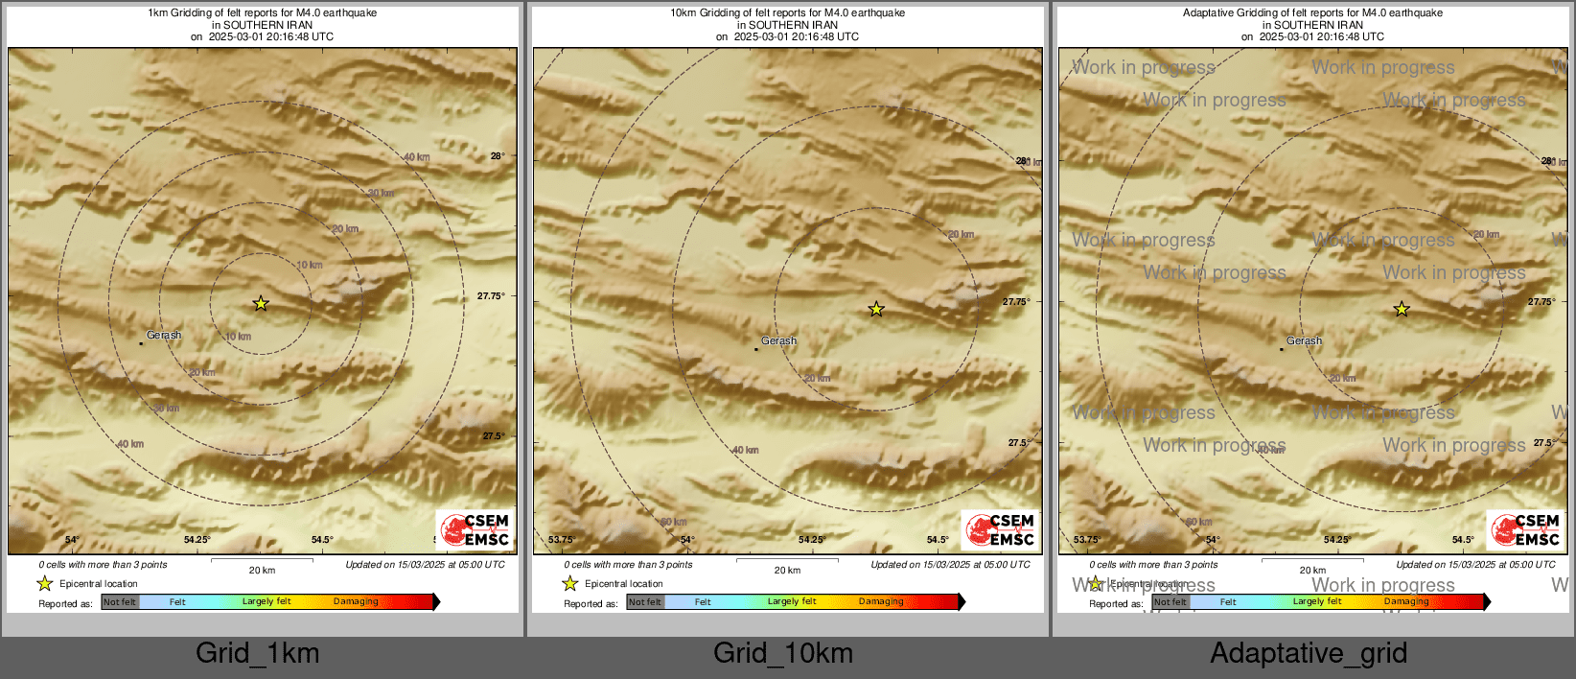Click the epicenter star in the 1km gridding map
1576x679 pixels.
[261, 304]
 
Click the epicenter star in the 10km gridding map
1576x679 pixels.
[876, 309]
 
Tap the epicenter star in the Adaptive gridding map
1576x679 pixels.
[1402, 309]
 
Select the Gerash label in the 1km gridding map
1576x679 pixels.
[164, 336]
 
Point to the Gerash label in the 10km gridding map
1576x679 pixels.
[778, 340]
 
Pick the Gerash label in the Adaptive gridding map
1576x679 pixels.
[1304, 340]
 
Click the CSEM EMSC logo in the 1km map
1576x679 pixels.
[475, 529]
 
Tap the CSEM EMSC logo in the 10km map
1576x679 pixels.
[1001, 529]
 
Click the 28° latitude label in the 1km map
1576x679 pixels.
[498, 155]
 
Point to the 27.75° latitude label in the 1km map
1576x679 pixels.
[491, 296]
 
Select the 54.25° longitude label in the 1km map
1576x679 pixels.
[197, 540]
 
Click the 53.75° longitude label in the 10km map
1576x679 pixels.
[562, 540]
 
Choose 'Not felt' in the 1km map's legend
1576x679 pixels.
[120, 602]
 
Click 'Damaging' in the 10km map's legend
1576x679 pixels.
[881, 602]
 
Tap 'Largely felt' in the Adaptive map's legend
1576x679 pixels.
[1317, 602]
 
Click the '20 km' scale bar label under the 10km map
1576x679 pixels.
[787, 571]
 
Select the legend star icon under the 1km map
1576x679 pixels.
[45, 583]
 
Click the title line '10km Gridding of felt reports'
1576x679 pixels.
[787, 13]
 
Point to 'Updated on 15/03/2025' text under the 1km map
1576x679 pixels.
[425, 565]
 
